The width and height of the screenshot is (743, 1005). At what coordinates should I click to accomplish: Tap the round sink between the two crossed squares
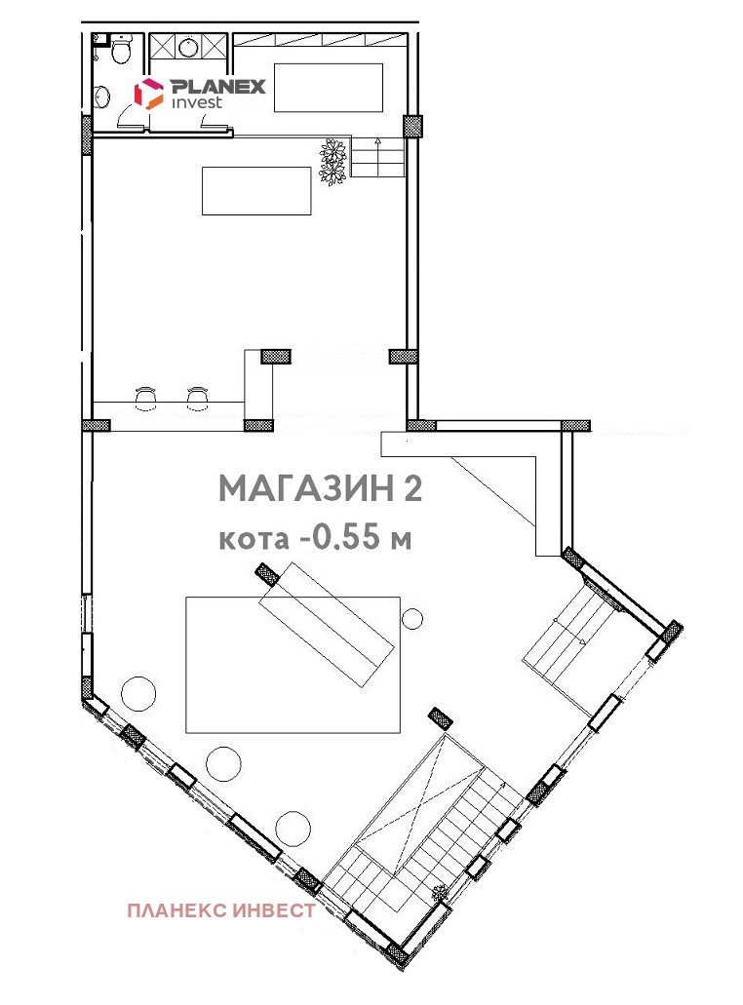pos(187,46)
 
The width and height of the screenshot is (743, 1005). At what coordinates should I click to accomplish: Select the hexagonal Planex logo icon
pos(148,94)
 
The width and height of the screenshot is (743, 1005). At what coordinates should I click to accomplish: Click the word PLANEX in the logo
pos(217,87)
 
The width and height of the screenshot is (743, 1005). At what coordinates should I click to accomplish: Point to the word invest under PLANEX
pos(197,102)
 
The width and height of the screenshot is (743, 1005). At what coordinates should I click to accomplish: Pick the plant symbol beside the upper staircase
pos(333,161)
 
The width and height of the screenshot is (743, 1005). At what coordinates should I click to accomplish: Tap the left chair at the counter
pos(146,397)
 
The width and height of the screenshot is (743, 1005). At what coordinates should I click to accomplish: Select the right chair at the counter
pos(197,397)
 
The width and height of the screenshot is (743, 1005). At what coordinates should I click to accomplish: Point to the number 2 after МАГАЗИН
pos(412,489)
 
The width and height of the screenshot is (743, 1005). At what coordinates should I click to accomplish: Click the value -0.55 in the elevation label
pos(340,538)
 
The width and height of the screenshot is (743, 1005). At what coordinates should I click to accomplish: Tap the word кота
pos(254,540)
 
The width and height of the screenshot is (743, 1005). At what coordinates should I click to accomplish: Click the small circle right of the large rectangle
pos(412,619)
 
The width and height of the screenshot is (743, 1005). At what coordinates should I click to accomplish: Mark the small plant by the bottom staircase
pos(440,892)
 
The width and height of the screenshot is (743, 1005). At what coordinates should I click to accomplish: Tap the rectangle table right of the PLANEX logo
pos(329,88)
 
